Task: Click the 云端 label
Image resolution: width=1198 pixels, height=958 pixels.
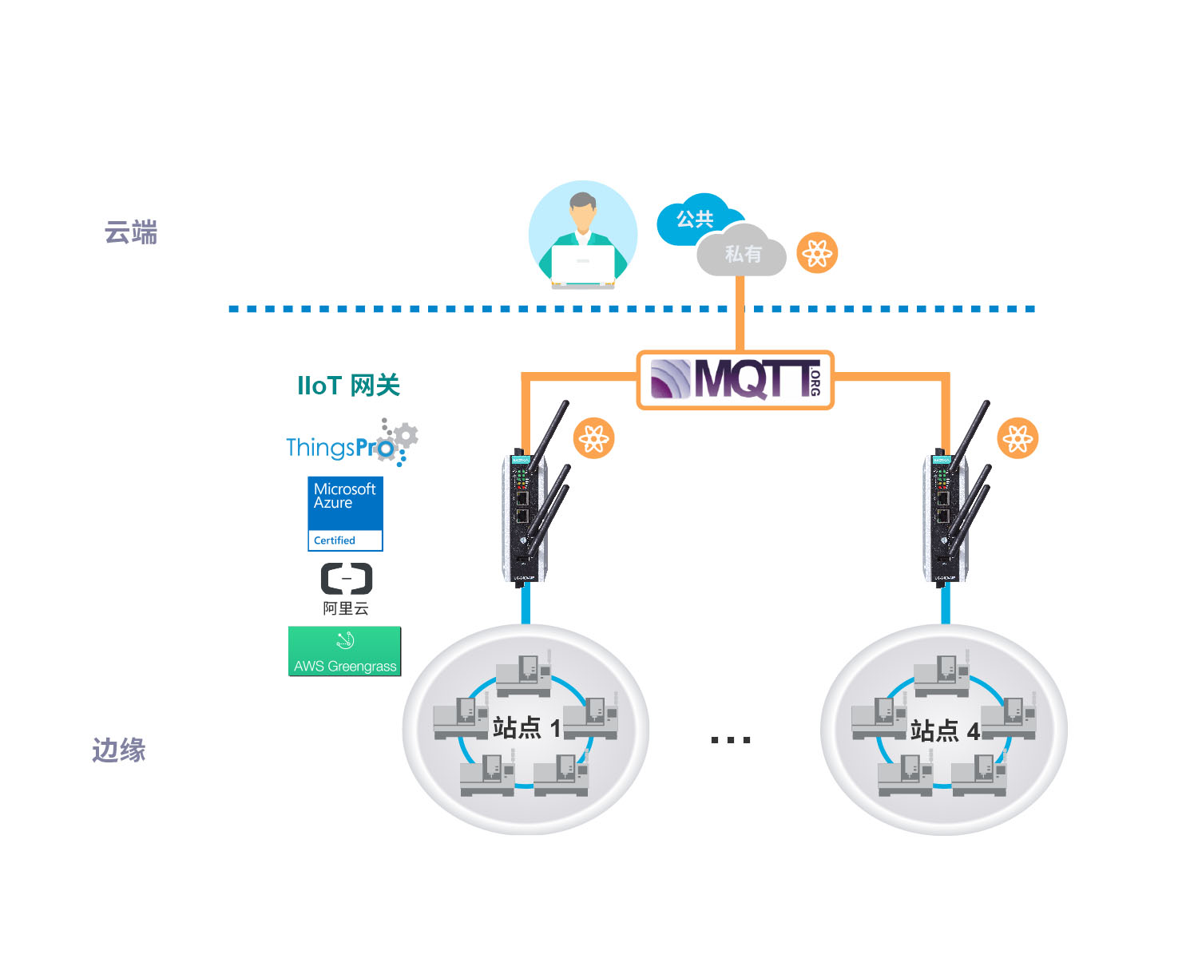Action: (x=131, y=232)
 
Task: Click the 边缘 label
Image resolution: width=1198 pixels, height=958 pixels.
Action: (x=118, y=750)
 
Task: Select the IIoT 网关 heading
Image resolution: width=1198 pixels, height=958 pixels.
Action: (x=348, y=386)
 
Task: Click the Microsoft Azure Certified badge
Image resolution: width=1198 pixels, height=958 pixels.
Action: (x=345, y=514)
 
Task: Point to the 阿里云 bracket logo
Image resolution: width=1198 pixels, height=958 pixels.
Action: (x=347, y=579)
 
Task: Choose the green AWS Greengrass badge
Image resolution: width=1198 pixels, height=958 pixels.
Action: (x=344, y=651)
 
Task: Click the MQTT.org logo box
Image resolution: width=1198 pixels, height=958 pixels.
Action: (x=735, y=380)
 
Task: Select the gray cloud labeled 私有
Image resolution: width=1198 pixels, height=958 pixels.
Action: (x=741, y=251)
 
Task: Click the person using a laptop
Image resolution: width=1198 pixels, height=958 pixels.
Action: (x=583, y=235)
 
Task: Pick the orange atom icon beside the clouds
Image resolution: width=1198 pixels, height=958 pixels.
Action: (x=817, y=253)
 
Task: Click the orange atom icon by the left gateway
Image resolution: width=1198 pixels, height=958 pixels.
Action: (x=594, y=438)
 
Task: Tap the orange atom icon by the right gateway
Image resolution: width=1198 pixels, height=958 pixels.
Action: (x=1018, y=438)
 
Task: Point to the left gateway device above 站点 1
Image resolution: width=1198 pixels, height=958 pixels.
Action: (x=532, y=501)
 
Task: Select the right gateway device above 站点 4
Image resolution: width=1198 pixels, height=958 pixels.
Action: (x=953, y=501)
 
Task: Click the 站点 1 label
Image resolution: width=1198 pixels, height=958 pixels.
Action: (x=526, y=728)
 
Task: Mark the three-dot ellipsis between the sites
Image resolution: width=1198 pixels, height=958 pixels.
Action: (x=730, y=740)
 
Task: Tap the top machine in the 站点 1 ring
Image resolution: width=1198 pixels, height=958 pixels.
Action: (x=523, y=674)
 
